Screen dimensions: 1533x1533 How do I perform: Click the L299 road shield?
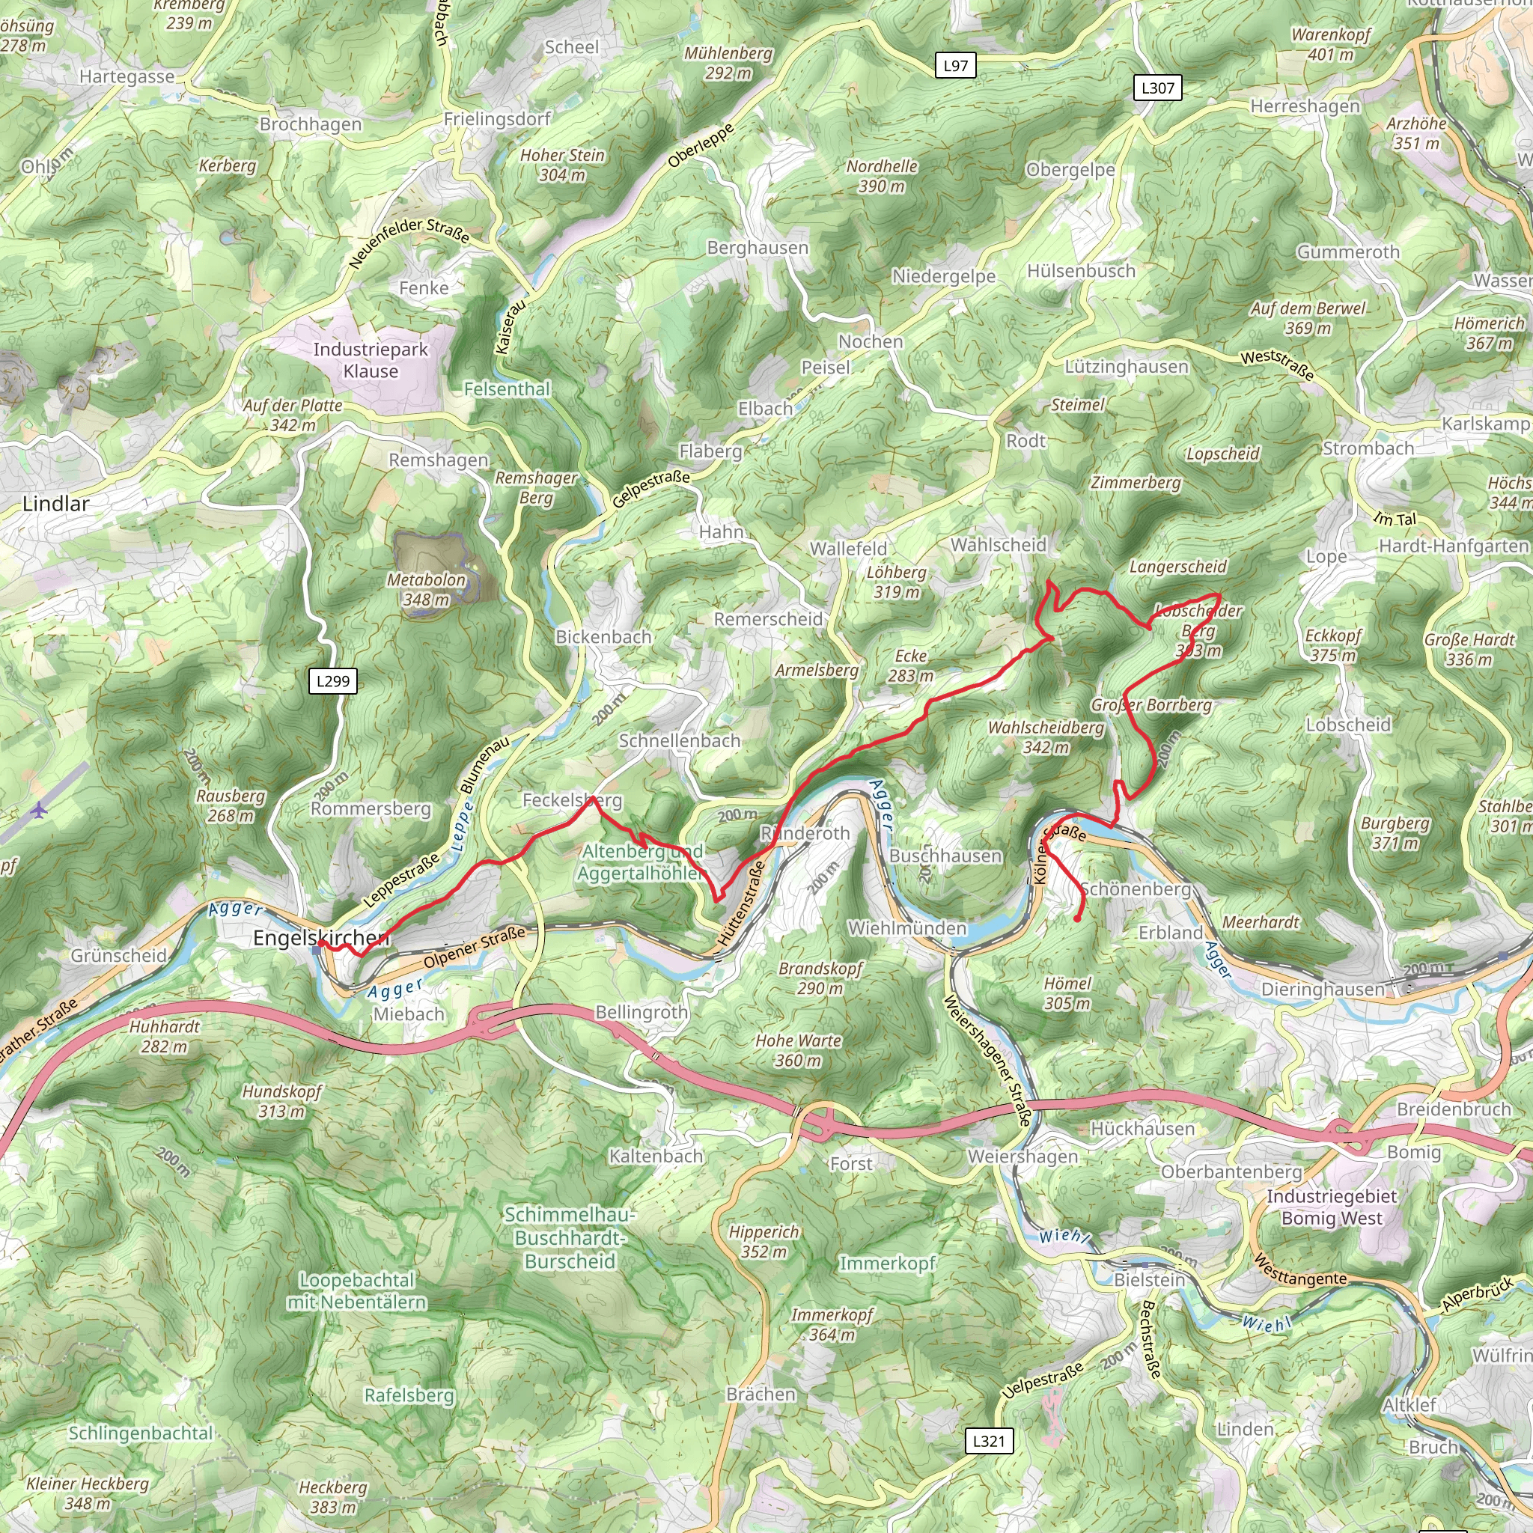332,681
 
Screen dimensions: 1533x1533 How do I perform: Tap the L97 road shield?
955,65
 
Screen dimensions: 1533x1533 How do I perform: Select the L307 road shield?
1157,88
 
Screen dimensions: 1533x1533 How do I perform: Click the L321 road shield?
989,1440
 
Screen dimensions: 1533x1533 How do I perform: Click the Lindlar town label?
55,504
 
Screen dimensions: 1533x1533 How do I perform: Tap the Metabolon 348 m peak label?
426,590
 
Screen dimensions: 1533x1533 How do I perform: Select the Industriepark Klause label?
371,360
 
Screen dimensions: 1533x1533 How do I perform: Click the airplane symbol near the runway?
39,810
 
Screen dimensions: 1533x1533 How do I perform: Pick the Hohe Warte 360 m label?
798,1049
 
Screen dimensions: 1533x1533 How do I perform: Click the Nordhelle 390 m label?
882,176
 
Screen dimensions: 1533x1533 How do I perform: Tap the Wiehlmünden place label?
907,928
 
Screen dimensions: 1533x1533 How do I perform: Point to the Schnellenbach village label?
679,740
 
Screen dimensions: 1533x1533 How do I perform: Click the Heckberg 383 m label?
332,1497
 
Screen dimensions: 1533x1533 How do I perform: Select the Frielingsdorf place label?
497,119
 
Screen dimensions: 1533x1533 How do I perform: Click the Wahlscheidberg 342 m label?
1046,737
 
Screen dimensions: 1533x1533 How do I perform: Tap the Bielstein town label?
1149,1280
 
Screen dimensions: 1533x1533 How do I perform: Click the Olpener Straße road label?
474,948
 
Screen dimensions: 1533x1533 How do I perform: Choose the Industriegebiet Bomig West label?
1332,1207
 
